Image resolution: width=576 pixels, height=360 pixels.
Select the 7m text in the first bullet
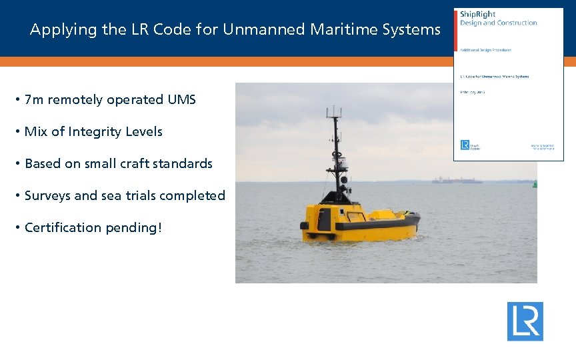coord(33,100)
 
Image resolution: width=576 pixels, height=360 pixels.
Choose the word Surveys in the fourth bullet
coord(47,196)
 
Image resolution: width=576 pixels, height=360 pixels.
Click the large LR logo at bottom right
coord(525,321)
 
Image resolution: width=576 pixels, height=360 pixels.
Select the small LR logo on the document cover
coord(465,145)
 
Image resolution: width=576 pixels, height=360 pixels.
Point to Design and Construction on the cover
coord(499,23)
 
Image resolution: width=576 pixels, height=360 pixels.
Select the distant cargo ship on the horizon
coord(456,180)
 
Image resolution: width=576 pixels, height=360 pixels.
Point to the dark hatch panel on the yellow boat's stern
coord(324,219)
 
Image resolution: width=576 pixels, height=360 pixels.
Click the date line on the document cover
coord(472,92)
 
